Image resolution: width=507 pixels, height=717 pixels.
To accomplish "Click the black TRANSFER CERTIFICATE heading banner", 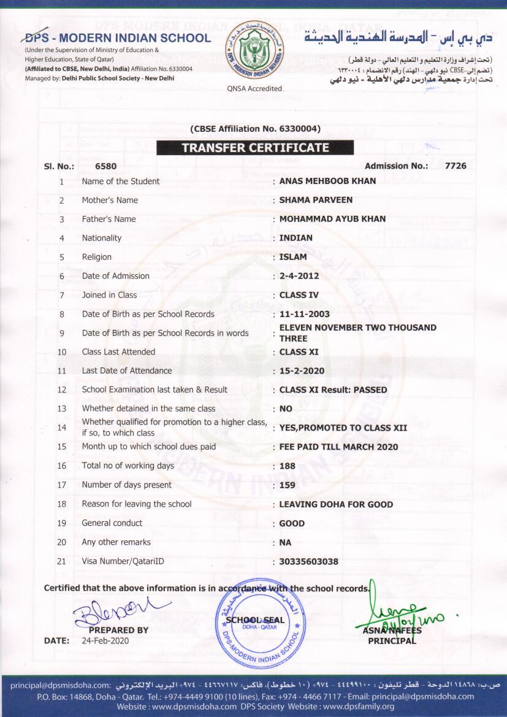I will pos(254,148).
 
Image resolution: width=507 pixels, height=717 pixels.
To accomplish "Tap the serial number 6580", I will pos(105,166).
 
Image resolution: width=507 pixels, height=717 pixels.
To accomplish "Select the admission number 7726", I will pos(456,166).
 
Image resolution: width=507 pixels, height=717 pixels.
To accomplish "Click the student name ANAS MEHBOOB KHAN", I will pos(327,181).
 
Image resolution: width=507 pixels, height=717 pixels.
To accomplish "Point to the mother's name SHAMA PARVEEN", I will pos(311,200).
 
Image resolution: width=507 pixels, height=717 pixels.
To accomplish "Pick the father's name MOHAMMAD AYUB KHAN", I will pos(332,219).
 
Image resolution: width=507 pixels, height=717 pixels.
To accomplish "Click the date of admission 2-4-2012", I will pos(299,276).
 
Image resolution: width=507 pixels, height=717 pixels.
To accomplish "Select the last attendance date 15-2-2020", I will pos(302,371).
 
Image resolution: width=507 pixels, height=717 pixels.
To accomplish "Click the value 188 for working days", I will pos(287,466).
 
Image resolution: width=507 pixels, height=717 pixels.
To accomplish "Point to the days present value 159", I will pos(287,485).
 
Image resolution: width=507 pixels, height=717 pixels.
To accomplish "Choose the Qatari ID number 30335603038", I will pos(308,562).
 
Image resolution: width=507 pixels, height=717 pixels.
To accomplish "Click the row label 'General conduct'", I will pos(112,523).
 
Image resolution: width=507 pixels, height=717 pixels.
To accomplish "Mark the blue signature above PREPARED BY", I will pos(116,610).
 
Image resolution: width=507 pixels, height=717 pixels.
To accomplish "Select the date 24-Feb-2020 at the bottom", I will pos(105,641).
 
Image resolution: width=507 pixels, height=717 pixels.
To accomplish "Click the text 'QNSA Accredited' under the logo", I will pos(254,88).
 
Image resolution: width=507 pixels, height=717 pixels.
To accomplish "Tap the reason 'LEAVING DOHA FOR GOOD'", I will pos(336,504).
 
